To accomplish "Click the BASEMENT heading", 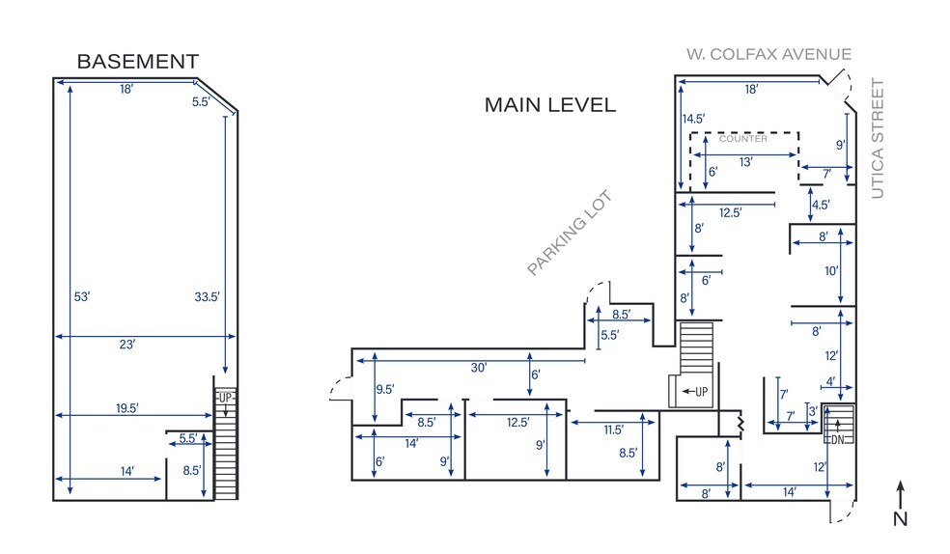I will pyautogui.click(x=137, y=62).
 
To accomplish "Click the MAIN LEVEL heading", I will pyautogui.click(x=549, y=105).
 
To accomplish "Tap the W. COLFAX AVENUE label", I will pyautogui.click(x=768, y=54).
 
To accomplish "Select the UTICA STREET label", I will pyautogui.click(x=878, y=139).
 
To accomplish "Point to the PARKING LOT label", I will pyautogui.click(x=570, y=234).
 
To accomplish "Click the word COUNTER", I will pyautogui.click(x=743, y=139).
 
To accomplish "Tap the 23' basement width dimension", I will pyautogui.click(x=126, y=344).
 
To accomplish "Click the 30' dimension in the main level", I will pyautogui.click(x=479, y=368).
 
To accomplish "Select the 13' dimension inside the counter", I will pyautogui.click(x=745, y=162).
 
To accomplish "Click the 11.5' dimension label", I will pyautogui.click(x=614, y=429).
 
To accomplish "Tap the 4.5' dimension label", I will pyautogui.click(x=821, y=205).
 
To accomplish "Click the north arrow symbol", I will pyautogui.click(x=900, y=502).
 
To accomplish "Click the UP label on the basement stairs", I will pyautogui.click(x=225, y=398).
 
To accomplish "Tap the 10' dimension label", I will pyautogui.click(x=831, y=271).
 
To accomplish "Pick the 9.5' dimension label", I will pyautogui.click(x=385, y=390).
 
